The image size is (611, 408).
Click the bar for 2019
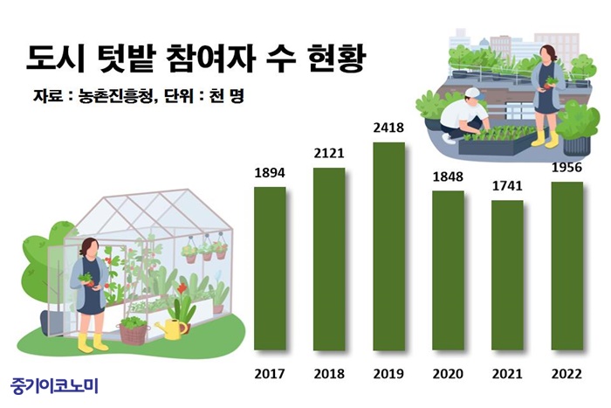(388, 246)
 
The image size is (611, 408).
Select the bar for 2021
(507, 275)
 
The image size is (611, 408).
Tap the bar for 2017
(270, 268)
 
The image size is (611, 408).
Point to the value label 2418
(388, 128)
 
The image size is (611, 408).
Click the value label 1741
(507, 186)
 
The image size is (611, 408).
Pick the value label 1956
(566, 168)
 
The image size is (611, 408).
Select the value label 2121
(329, 153)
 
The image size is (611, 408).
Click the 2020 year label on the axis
(448, 374)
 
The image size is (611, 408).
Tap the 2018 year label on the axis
(329, 374)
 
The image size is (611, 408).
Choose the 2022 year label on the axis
(566, 374)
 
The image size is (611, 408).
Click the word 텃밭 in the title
(125, 59)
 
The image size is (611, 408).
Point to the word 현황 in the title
(337, 59)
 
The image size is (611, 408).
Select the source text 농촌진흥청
(114, 96)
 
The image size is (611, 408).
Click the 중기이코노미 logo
(54, 385)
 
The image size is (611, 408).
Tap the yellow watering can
(171, 328)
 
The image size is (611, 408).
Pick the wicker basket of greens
(134, 331)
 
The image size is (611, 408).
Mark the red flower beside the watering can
(182, 288)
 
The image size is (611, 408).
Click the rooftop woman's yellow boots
(546, 139)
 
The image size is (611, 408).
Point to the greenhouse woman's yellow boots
(93, 343)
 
